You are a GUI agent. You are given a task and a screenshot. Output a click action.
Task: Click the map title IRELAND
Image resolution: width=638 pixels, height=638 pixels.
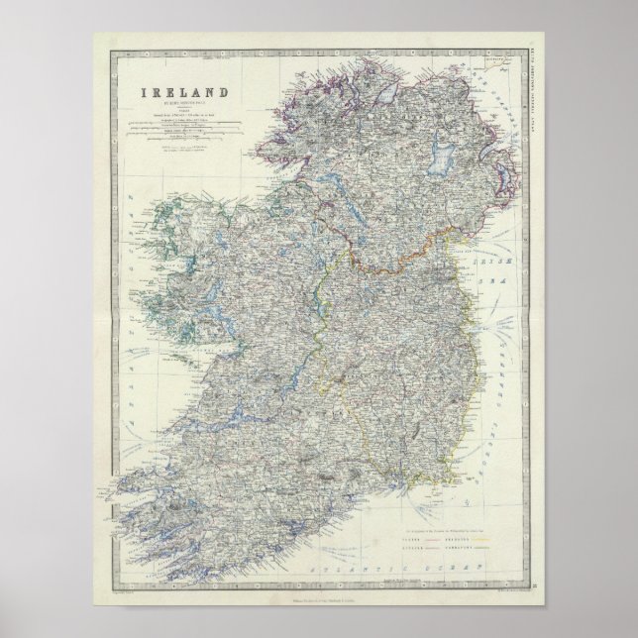(190, 91)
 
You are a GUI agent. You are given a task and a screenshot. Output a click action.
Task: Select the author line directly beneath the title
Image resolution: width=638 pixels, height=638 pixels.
(190, 102)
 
